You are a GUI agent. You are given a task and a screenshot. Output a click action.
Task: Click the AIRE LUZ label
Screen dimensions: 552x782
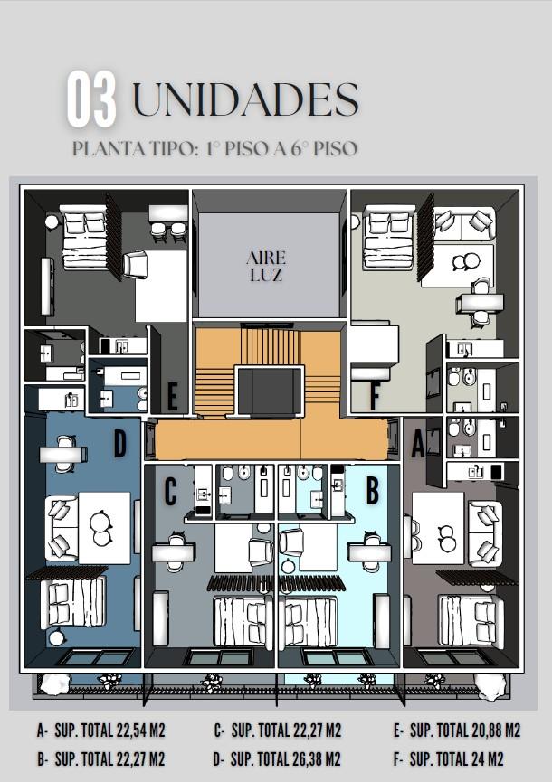266,266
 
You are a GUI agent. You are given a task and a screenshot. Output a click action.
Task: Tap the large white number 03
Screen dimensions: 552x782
91,99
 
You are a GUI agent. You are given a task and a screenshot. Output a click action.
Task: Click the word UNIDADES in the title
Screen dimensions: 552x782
246,99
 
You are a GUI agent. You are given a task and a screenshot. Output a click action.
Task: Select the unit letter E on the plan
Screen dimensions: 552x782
172,398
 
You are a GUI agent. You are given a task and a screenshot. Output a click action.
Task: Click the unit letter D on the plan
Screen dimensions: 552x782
119,443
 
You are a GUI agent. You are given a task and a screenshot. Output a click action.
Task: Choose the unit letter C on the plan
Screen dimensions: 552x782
171,491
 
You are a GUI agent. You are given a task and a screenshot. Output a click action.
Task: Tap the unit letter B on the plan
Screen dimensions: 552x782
372,490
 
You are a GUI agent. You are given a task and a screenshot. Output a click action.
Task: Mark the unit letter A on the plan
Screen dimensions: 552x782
418,444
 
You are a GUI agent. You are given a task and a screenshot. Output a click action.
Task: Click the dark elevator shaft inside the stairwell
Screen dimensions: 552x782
270,391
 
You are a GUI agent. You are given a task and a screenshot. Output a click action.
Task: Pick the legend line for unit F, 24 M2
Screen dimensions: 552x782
448,759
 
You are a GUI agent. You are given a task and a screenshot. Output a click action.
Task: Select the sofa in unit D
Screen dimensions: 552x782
62,529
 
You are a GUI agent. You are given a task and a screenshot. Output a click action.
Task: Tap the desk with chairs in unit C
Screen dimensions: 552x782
173,551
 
